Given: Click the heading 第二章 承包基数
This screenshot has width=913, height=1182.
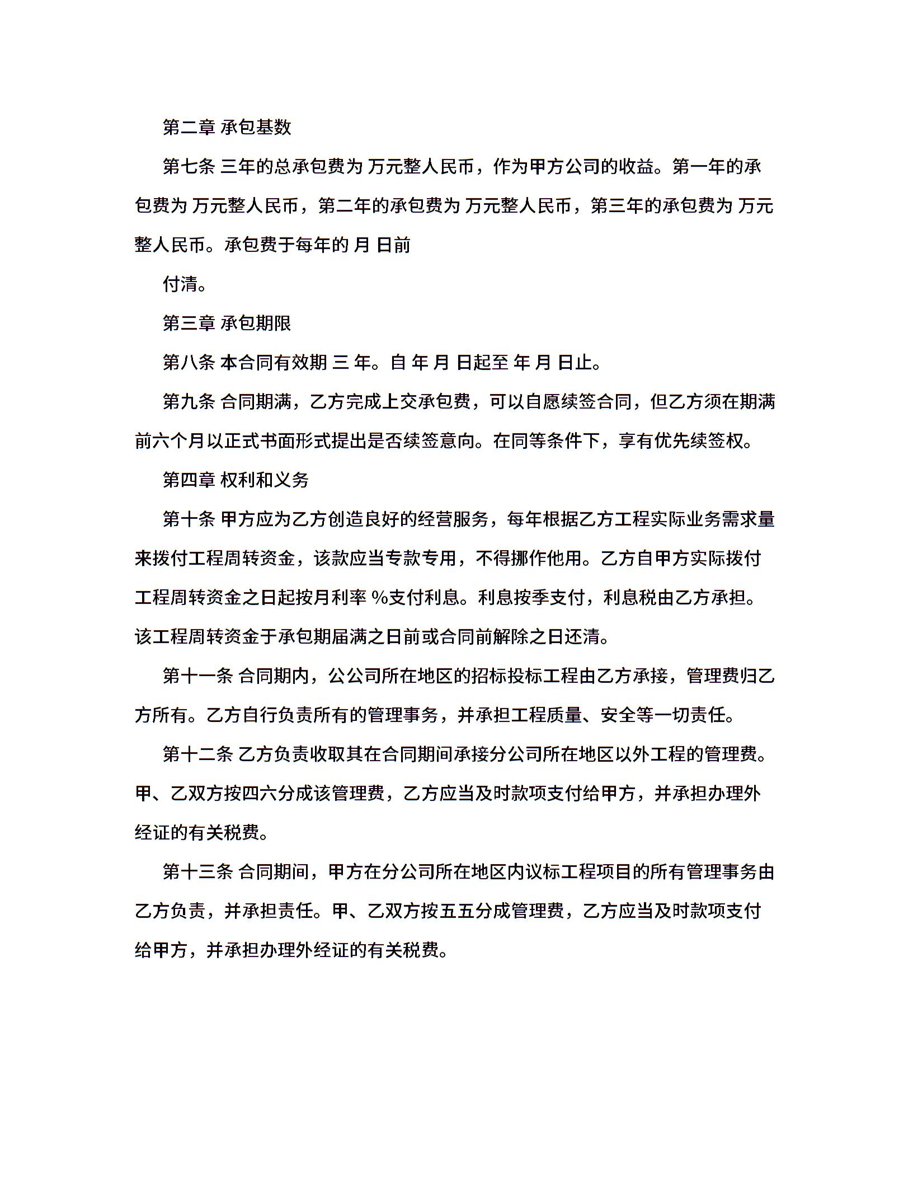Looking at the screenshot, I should [227, 128].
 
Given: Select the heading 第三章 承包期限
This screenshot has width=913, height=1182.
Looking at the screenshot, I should [227, 323].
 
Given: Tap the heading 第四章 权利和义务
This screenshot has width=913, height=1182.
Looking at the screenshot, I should [236, 480].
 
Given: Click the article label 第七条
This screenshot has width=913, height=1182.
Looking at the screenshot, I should [189, 167].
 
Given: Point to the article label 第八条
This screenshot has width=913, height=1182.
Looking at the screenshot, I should [189, 363].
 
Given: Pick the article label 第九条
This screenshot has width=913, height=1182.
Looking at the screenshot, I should [189, 402].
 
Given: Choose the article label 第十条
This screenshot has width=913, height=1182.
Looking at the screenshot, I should [189, 519].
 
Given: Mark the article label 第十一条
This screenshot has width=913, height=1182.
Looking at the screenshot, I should [198, 676].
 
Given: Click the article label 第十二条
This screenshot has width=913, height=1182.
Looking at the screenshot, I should [198, 754].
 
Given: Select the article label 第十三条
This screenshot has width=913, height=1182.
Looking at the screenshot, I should [198, 872].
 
